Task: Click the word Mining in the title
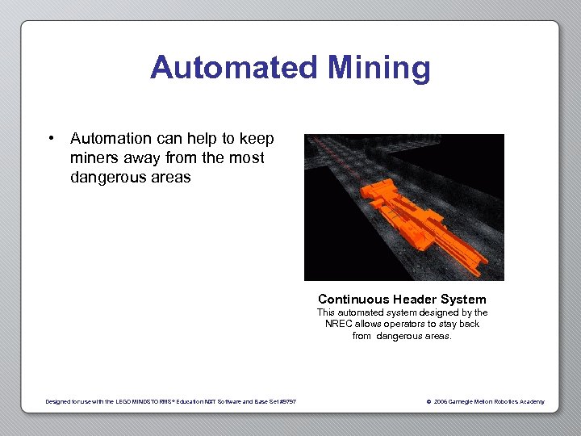(x=378, y=68)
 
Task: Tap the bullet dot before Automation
(x=51, y=139)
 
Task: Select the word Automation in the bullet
(x=117, y=139)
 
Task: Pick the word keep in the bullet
(x=257, y=139)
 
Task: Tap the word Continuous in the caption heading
(x=353, y=299)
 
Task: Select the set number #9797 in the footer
(x=288, y=401)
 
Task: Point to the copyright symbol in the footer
(x=428, y=401)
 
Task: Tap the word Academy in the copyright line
(x=530, y=401)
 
